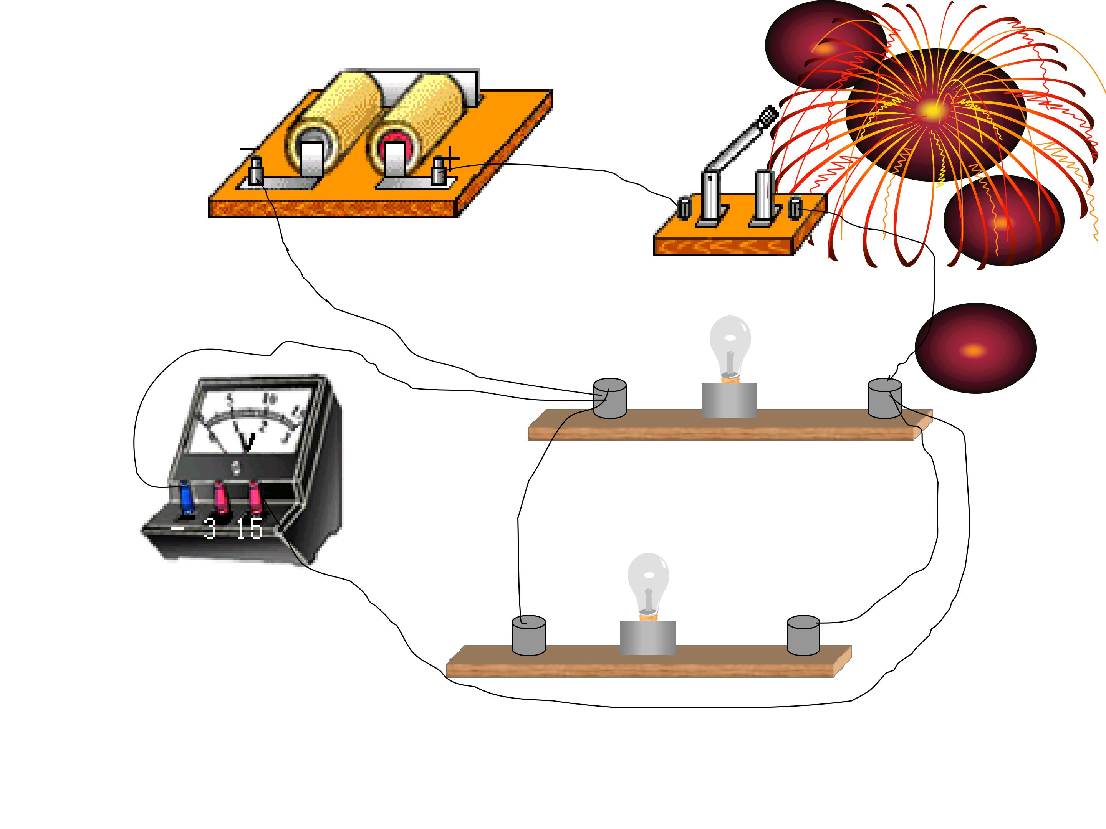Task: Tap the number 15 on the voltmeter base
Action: (249, 529)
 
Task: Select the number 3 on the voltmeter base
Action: (210, 529)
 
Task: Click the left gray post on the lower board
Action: (528, 635)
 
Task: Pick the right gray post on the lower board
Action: (803, 635)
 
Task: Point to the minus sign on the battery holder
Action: (248, 149)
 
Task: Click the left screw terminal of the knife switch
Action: (684, 208)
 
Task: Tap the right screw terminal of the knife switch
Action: (795, 208)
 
